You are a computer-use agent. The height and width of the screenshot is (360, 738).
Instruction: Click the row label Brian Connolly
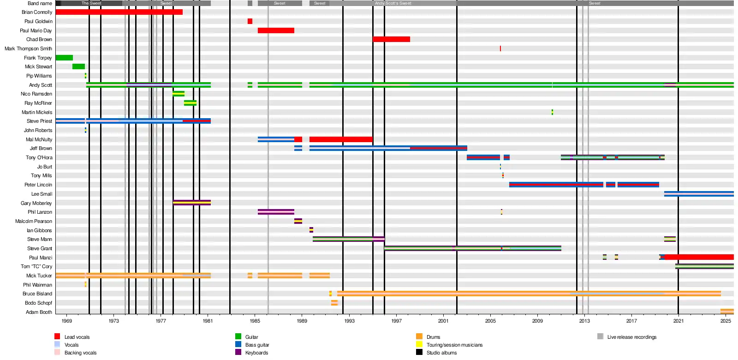[37, 12]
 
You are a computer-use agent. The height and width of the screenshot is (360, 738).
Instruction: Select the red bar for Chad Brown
[391, 39]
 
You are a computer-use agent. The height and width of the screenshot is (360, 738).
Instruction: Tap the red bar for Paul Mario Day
[276, 30]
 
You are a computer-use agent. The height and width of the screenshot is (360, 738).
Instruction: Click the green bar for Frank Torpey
[64, 58]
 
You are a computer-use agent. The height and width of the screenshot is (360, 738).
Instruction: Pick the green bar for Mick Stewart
[78, 66]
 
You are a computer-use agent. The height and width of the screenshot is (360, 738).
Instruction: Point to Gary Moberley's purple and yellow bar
[192, 203]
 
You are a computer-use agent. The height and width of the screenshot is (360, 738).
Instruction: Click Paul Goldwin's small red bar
[250, 21]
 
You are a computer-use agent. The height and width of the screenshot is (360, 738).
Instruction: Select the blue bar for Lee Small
[699, 194]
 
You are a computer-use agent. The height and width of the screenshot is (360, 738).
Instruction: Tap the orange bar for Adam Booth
[727, 312]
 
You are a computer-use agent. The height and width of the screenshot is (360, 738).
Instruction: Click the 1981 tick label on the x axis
[208, 321]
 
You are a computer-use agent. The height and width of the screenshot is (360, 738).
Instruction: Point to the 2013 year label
[584, 321]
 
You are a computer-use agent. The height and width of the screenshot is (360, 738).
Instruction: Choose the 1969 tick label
[67, 321]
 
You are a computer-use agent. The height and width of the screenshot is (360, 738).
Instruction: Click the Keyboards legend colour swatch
[238, 352]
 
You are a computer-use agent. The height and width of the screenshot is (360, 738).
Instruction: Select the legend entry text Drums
[433, 337]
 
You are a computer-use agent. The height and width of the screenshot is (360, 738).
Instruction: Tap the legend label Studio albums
[441, 353]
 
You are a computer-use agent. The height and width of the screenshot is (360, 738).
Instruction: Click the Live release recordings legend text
[631, 337]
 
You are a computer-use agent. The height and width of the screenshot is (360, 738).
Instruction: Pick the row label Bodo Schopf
[38, 303]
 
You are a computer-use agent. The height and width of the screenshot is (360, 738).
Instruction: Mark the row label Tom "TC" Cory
[36, 266]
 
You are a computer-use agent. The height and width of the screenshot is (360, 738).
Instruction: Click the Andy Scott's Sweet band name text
[393, 3]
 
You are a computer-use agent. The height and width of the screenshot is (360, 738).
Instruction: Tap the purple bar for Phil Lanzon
[276, 212]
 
